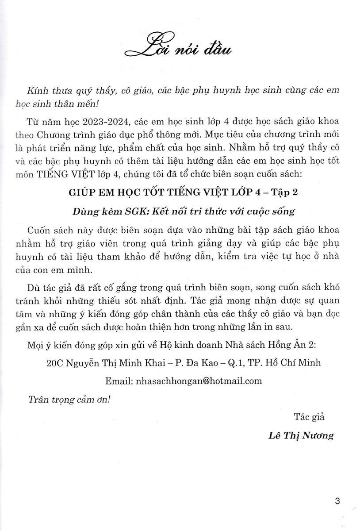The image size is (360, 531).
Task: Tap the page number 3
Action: (338, 501)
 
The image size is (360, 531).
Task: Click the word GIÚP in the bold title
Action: (86, 192)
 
